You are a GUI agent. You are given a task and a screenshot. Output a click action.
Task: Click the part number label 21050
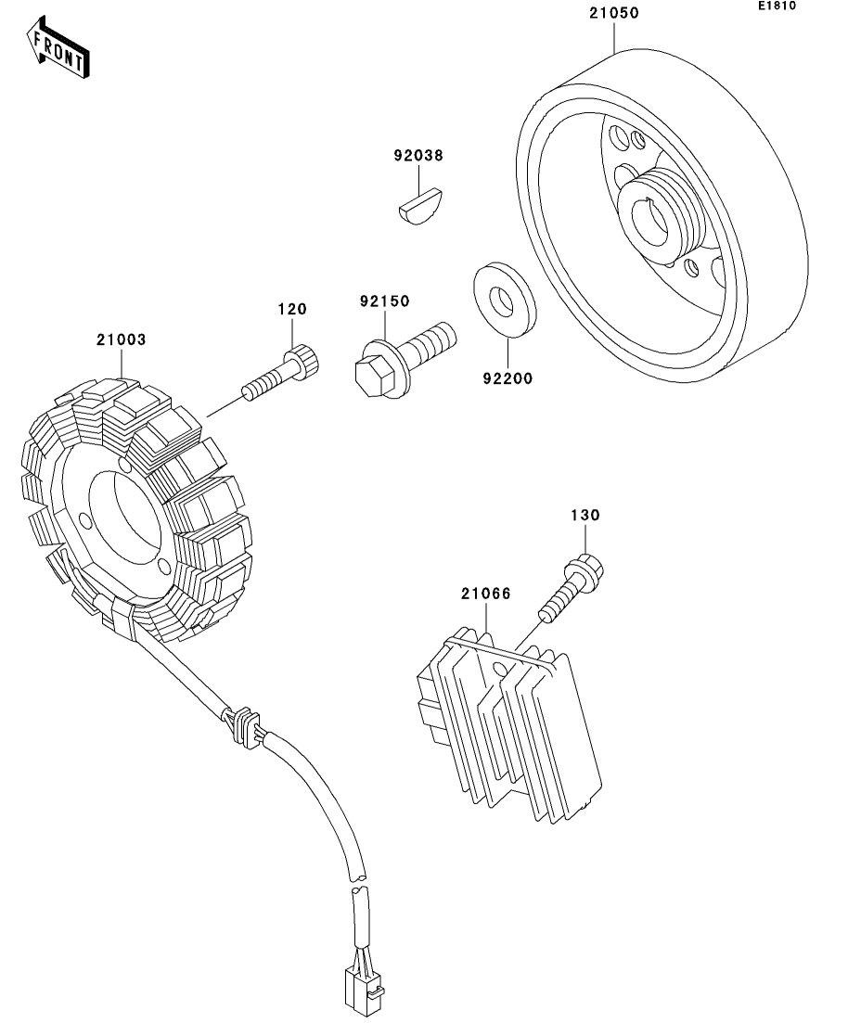click(x=614, y=14)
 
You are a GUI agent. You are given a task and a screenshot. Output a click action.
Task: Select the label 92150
click(x=385, y=301)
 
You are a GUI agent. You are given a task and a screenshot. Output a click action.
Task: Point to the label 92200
click(x=508, y=378)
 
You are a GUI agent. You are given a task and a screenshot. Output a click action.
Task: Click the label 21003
click(x=121, y=339)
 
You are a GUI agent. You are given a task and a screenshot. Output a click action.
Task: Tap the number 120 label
click(x=292, y=309)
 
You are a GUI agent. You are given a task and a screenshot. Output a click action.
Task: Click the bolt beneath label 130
click(x=573, y=583)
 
